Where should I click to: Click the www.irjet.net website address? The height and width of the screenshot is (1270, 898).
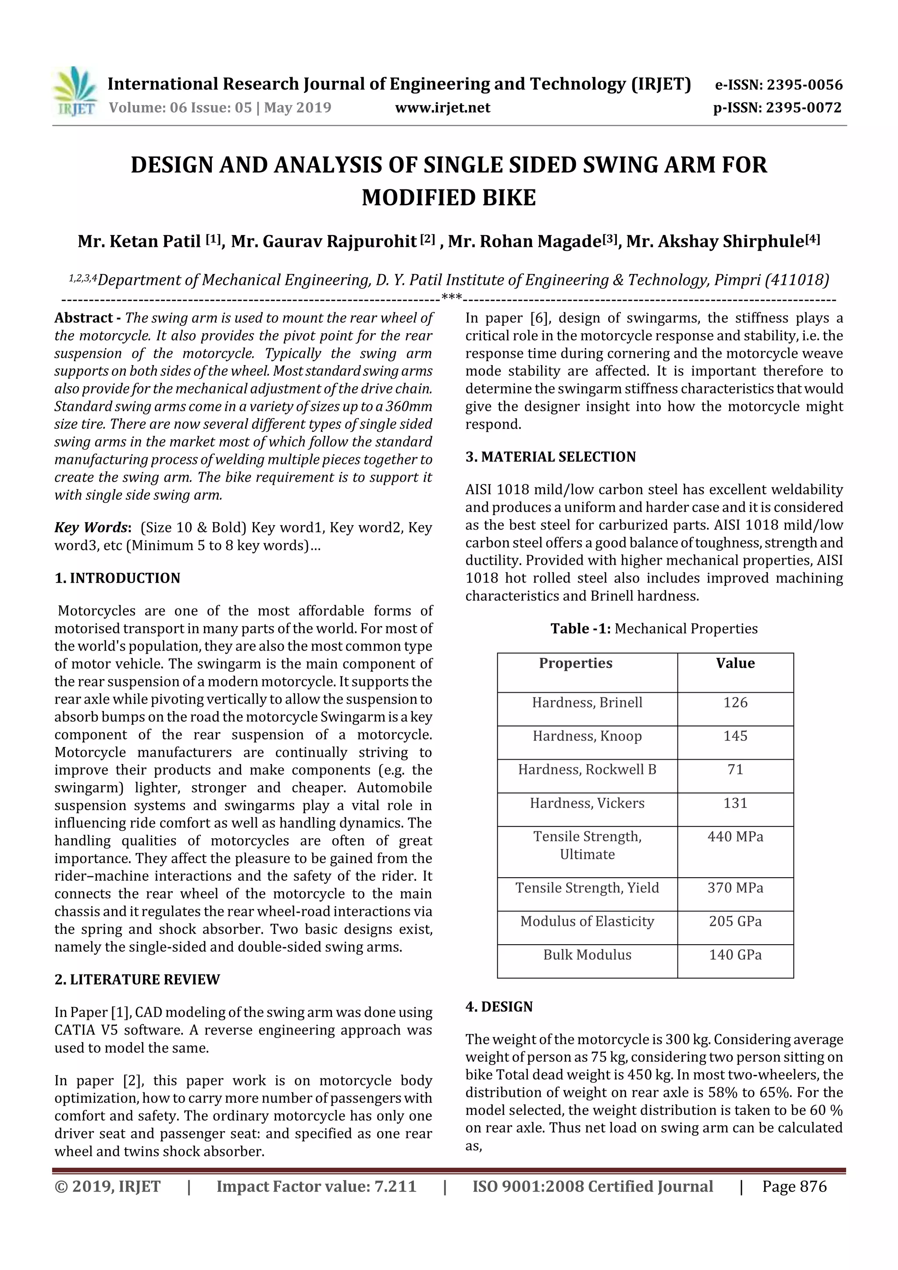pos(442,107)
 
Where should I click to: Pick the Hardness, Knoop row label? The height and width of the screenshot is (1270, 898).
pos(587,736)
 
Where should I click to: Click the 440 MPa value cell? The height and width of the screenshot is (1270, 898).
pos(735,836)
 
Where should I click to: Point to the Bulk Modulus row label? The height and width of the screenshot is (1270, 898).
pos(587,954)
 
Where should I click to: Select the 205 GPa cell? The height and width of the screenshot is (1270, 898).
pos(735,921)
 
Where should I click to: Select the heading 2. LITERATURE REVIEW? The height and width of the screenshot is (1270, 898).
pos(137,980)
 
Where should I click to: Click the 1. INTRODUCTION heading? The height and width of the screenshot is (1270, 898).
pos(118,578)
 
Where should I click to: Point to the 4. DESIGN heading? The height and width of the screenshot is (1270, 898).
pos(499,1007)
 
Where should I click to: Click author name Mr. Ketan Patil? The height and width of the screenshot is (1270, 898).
pos(139,242)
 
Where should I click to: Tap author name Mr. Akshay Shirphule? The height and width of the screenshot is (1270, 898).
pos(716,242)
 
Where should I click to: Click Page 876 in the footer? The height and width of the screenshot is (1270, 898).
pos(794,1186)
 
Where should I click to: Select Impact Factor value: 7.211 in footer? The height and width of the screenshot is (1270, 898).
pos(316,1186)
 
